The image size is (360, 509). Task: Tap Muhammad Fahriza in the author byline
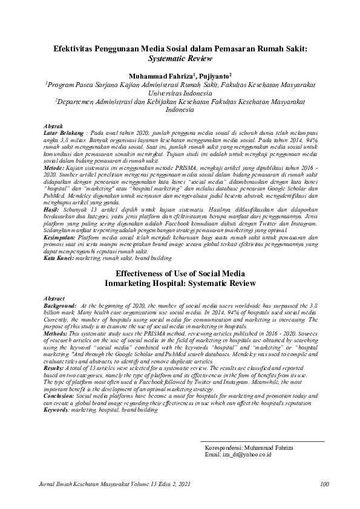tap(154, 77)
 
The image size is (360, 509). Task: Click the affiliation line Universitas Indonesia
tap(180, 94)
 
